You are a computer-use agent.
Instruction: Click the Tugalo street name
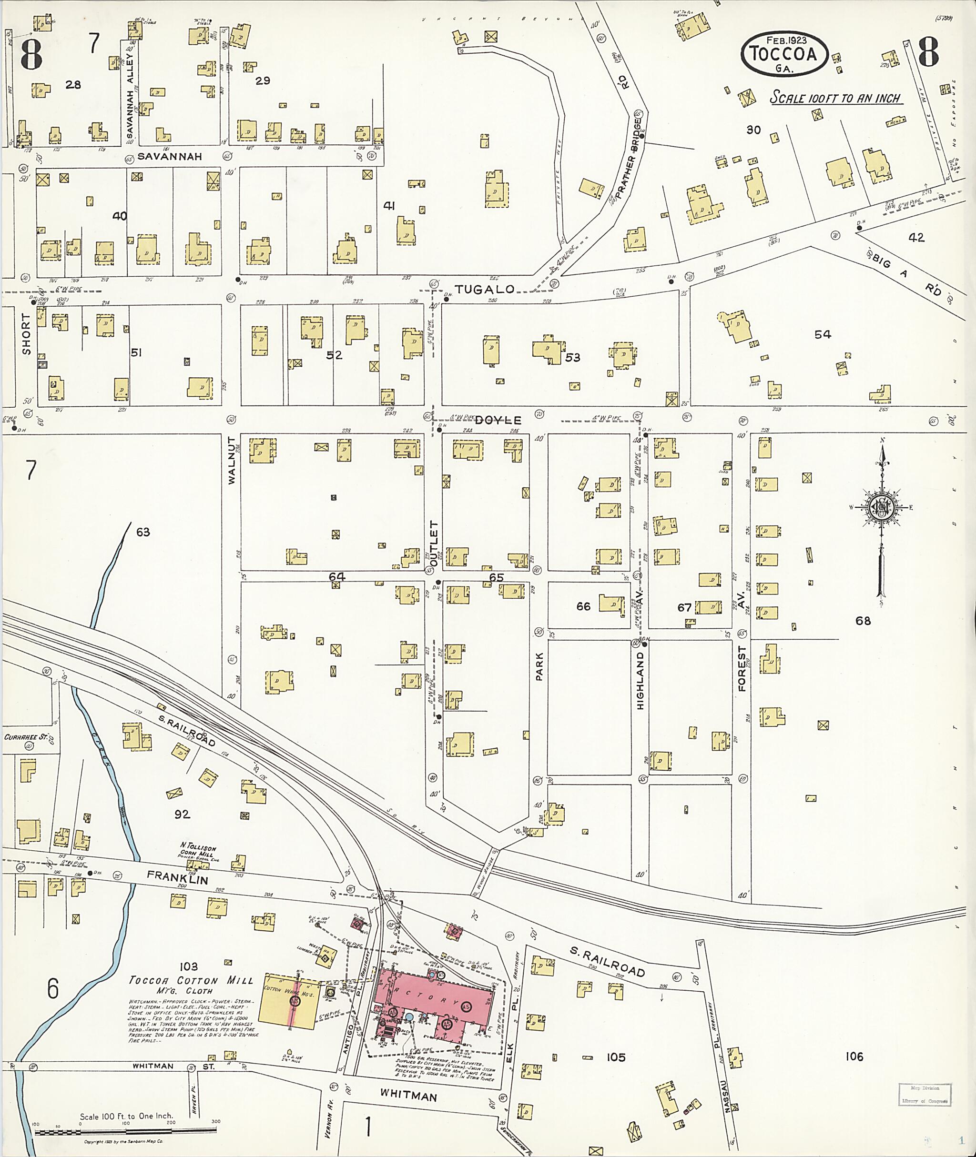pos(485,289)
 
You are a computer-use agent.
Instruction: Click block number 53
pos(573,357)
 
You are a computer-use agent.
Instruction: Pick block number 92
pos(182,814)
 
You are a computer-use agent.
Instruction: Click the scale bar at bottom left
pos(125,1132)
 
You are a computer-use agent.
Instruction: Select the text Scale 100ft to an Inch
pos(836,99)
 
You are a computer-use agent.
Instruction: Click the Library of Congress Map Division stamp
pos(925,1095)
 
